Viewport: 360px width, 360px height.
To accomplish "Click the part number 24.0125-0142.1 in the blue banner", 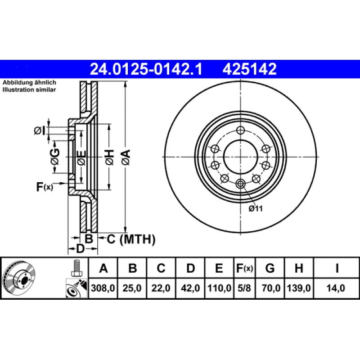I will click(x=146, y=69).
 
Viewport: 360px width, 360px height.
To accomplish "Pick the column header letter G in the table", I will click(x=270, y=269).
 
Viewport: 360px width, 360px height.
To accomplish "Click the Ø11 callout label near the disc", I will click(x=255, y=208).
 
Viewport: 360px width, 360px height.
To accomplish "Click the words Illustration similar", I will click(x=29, y=90).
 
